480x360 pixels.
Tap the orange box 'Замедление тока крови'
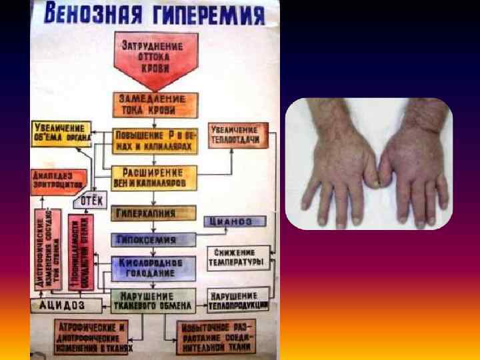point(155,103)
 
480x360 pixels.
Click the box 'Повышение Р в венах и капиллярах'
point(155,139)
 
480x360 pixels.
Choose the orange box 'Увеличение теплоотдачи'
point(239,134)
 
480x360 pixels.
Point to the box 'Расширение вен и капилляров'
point(155,177)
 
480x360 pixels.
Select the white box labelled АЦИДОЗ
point(65,304)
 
